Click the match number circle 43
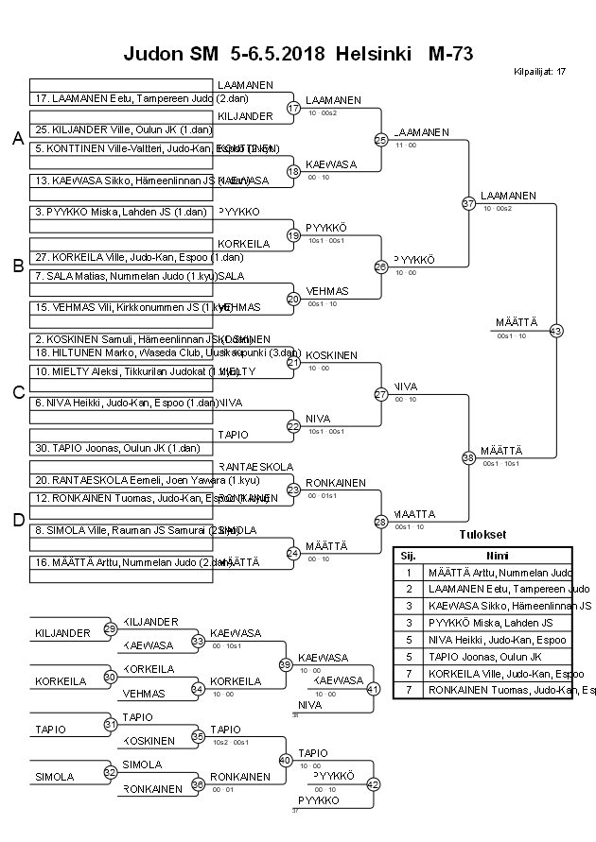[555, 331]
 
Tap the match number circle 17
[293, 108]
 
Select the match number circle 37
[468, 203]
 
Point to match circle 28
[381, 522]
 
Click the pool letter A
[17, 139]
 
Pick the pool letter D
[17, 519]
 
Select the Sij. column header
[408, 556]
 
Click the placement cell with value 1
[408, 573]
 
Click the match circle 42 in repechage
[374, 784]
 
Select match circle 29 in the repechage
[111, 629]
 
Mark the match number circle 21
[293, 362]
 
